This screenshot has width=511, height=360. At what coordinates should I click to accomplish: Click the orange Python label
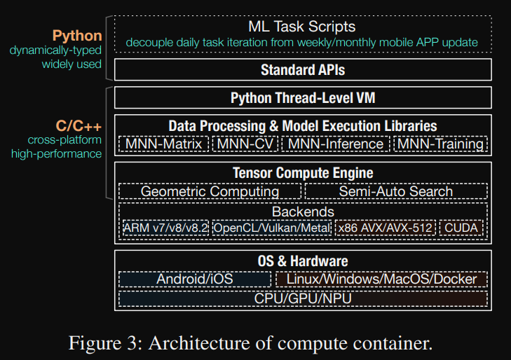click(x=77, y=36)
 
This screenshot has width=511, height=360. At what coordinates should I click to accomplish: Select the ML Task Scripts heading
click(x=302, y=27)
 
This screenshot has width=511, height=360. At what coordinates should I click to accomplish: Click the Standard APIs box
click(x=302, y=69)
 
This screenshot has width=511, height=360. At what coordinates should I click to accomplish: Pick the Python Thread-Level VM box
click(x=302, y=98)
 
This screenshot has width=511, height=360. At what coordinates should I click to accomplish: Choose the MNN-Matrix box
click(x=164, y=144)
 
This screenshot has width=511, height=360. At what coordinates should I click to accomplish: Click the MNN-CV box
click(x=245, y=144)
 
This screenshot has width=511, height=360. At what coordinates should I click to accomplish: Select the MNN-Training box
click(x=440, y=144)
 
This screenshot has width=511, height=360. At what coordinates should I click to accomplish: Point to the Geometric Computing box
click(x=210, y=191)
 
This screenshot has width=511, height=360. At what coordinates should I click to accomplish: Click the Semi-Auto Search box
click(x=395, y=191)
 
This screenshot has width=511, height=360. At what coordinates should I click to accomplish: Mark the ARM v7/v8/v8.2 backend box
click(x=165, y=228)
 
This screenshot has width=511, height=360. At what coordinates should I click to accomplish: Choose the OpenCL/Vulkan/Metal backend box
click(x=271, y=228)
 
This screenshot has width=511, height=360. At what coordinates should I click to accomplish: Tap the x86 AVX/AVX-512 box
click(x=386, y=228)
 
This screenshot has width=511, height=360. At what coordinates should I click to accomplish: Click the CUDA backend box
click(x=463, y=228)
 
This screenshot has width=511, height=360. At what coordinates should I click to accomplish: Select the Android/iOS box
click(x=195, y=279)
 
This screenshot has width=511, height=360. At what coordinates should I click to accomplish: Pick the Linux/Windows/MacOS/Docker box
click(x=381, y=279)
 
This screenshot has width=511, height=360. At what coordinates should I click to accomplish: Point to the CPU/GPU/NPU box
click(x=302, y=299)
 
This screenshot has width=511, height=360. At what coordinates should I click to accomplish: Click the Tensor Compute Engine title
click(x=302, y=172)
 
